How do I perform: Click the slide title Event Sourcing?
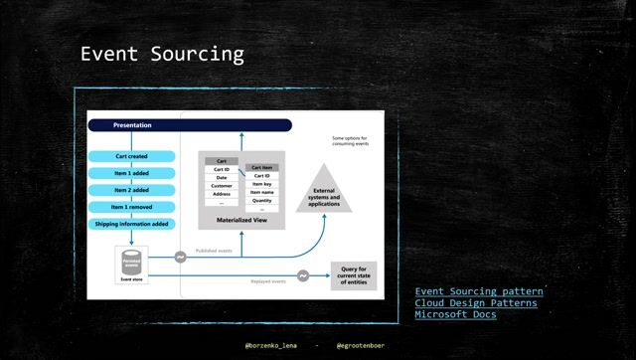(x=162, y=54)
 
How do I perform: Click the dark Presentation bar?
(x=190, y=125)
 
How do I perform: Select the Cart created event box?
(x=131, y=156)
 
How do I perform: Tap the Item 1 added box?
(x=131, y=173)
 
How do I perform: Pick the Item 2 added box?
(x=131, y=190)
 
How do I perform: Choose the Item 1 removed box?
(x=131, y=207)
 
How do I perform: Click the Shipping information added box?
(x=131, y=224)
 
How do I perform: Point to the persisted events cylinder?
(x=131, y=262)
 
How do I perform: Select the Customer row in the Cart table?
(x=222, y=186)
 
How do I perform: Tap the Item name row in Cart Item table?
(x=261, y=192)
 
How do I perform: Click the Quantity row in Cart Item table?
(x=261, y=201)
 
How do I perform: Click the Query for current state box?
(x=354, y=275)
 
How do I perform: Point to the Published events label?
(x=214, y=251)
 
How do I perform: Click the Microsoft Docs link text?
(x=455, y=314)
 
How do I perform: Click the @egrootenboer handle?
(x=360, y=345)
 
